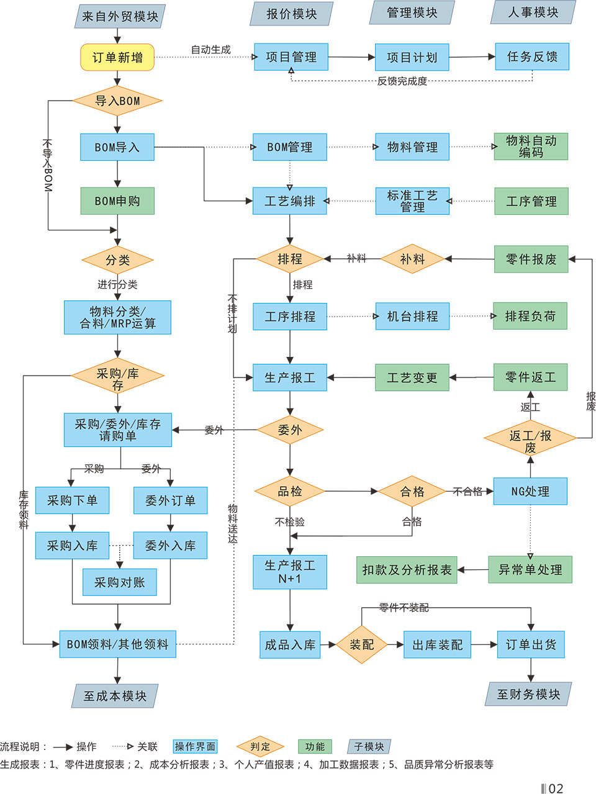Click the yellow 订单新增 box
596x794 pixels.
[x=117, y=57]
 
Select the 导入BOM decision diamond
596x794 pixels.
[x=117, y=101]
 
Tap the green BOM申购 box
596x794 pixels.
[x=117, y=201]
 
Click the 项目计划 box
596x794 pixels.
[x=412, y=57]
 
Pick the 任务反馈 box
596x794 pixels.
[x=532, y=56]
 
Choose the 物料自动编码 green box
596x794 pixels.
[x=531, y=147]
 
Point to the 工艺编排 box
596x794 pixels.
[x=289, y=201]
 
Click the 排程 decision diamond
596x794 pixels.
[x=289, y=259]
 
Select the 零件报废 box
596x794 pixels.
[x=531, y=259]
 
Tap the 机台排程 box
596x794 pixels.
[x=412, y=317]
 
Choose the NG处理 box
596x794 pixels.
[x=530, y=491]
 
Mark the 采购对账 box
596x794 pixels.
[x=119, y=582]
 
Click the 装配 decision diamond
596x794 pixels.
[x=361, y=644]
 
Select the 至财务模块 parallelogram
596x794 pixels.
[x=528, y=694]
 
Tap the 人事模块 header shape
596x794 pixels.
[x=533, y=12]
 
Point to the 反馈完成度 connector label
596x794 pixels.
[x=402, y=81]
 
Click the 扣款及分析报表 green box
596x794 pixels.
[x=407, y=570]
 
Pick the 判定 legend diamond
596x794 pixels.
[x=260, y=747]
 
